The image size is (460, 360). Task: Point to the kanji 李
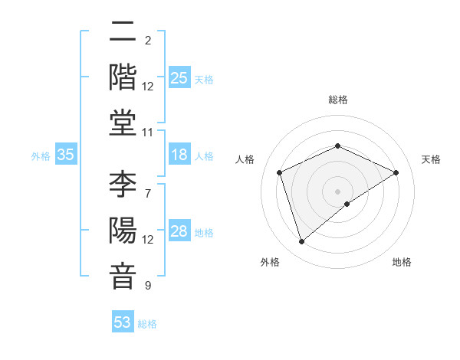pos(123,185)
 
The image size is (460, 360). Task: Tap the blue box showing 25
pos(179,77)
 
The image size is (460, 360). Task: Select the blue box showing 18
pos(179,155)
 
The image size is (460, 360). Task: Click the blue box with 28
pos(179,231)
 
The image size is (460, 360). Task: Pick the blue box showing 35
pos(66,155)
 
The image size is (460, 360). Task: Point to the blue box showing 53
pos(123,322)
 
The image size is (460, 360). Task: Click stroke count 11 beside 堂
pos(148,133)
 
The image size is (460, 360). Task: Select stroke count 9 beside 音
pos(148,286)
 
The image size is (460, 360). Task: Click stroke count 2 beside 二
pos(148,40)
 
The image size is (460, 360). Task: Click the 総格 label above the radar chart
pos(338,100)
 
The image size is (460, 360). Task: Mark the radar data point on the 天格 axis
pos(396,172)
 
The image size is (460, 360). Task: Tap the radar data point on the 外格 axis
pos(301,242)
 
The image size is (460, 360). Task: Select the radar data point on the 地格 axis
pos(347,204)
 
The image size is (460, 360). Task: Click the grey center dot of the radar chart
pos(338,191)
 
